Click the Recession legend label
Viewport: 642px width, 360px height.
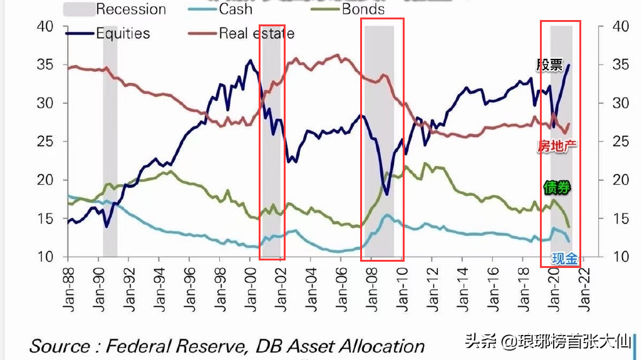click(x=131, y=9)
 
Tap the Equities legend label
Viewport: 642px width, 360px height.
click(x=123, y=33)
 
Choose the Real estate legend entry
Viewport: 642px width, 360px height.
click(x=256, y=33)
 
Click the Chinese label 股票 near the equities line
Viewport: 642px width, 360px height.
click(x=549, y=64)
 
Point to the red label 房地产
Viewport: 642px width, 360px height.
click(x=557, y=147)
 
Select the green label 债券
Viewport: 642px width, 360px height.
click(x=557, y=187)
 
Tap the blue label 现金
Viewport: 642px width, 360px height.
click(x=564, y=257)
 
